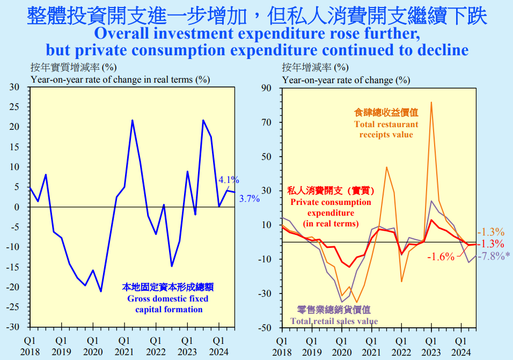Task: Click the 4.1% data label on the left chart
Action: [229, 180]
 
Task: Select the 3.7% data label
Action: [249, 199]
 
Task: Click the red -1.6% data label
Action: [441, 256]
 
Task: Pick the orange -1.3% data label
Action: [490, 232]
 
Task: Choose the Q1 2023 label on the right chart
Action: [431, 346]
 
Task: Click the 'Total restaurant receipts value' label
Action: [386, 124]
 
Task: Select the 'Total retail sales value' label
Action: [334, 315]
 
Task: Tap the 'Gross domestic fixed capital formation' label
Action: [168, 298]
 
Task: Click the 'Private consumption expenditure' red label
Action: [331, 207]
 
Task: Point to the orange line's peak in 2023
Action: [431, 102]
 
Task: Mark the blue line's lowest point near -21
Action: [101, 291]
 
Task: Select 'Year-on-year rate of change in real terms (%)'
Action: [120, 80]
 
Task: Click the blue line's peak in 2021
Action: [133, 120]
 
